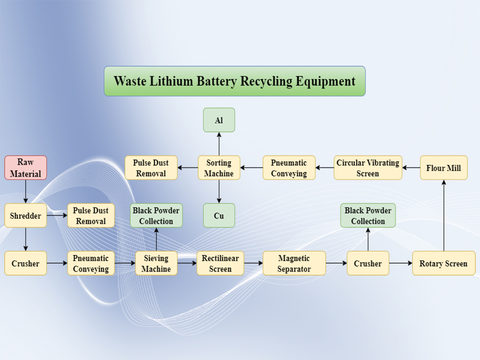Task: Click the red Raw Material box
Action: coord(25,168)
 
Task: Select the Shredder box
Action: coord(25,216)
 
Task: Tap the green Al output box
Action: coord(219,120)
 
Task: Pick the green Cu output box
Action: coord(219,216)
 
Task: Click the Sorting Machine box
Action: coord(219,168)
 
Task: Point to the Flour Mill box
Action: coord(444,168)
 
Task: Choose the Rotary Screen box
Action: coord(444,263)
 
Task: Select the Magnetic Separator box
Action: coord(294,263)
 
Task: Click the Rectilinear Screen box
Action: coord(220,263)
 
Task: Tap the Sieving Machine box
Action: coord(156,263)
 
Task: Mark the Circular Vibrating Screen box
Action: coord(368,168)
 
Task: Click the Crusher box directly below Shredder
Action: coord(25,263)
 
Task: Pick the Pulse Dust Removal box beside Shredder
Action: coord(91,216)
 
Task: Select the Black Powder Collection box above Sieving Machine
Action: coord(156,216)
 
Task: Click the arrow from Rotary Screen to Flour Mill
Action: coord(444,216)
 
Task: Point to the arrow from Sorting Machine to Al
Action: coord(219,144)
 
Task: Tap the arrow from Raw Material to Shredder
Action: coord(25,192)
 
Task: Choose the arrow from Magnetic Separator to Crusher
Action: coord(336,263)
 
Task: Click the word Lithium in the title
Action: coord(174,81)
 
